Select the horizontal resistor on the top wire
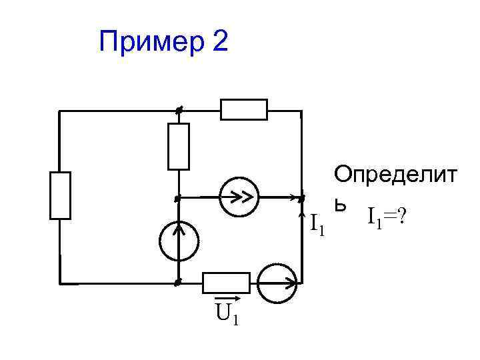[x=244, y=109]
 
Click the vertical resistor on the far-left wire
[x=60, y=195]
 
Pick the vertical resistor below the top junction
[x=179, y=146]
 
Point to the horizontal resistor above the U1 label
[x=227, y=283]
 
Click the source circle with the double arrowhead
[x=239, y=197]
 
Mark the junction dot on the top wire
[x=178, y=111]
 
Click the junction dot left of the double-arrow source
[x=177, y=198]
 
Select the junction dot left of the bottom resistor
[x=177, y=283]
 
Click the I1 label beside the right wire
[x=317, y=225]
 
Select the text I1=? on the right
[x=386, y=216]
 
